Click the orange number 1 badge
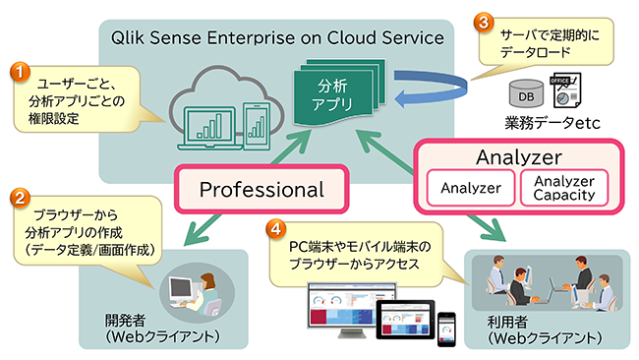click(x=20, y=72)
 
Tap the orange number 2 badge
click(x=20, y=198)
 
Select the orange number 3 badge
click(x=484, y=22)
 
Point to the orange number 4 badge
click(x=276, y=229)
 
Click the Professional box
click(x=261, y=189)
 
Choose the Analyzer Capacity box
click(x=564, y=188)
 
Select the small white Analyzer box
click(x=471, y=188)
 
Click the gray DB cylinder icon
click(x=526, y=93)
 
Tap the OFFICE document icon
click(x=565, y=90)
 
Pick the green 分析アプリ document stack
click(x=339, y=92)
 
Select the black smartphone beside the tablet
click(x=446, y=330)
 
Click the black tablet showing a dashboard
click(x=405, y=320)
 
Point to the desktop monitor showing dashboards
click(x=351, y=310)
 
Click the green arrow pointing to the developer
click(x=203, y=229)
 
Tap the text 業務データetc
click(x=552, y=122)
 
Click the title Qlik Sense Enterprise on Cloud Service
click(x=277, y=37)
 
